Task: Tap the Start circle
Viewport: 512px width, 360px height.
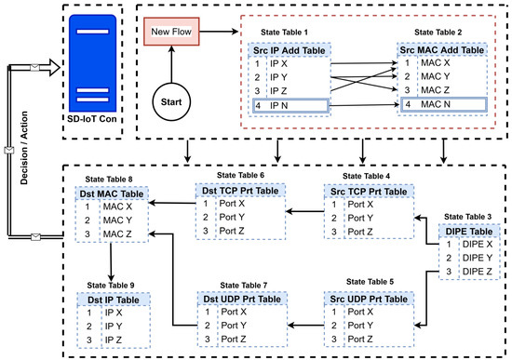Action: coord(171,99)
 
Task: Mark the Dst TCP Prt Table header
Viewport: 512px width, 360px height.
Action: coord(241,192)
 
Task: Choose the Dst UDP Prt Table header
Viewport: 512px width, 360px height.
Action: coord(241,299)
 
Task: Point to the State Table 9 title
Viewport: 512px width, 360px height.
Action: coord(111,286)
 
